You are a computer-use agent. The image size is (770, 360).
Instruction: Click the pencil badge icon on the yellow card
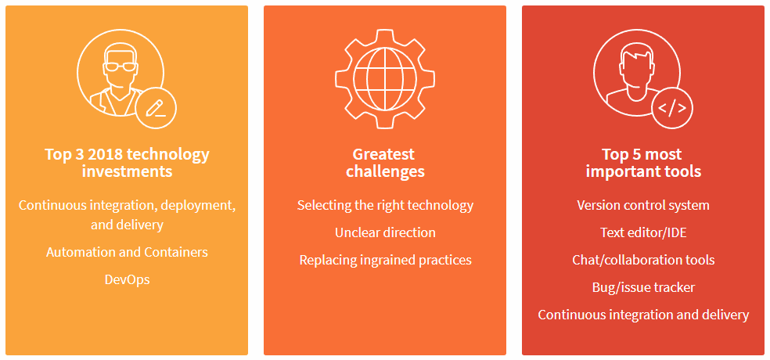pos(155,109)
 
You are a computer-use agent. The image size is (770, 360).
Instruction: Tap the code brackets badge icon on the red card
pos(671,109)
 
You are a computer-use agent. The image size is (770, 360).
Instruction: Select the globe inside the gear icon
pos(385,78)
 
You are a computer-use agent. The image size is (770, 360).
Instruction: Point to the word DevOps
pos(128,279)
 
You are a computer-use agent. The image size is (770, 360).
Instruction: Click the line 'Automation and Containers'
pos(128,252)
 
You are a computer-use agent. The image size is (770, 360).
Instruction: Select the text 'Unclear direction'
pos(385,232)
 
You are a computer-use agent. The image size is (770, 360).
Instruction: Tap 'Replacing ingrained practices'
pos(386,260)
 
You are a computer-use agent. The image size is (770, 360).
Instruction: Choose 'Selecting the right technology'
pos(385,205)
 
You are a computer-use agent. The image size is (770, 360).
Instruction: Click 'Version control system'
pos(643,205)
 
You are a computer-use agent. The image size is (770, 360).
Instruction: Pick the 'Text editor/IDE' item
pos(643,232)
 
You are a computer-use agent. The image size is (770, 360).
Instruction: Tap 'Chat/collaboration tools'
pos(643,260)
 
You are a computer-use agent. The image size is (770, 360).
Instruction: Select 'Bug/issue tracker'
pos(643,287)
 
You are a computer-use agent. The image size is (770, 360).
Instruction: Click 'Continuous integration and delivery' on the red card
pos(643,315)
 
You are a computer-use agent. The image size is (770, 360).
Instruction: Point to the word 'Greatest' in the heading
pos(383,155)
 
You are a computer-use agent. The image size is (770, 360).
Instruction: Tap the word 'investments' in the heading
pos(128,172)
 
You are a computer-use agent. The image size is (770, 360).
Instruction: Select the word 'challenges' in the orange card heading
pos(386,172)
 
